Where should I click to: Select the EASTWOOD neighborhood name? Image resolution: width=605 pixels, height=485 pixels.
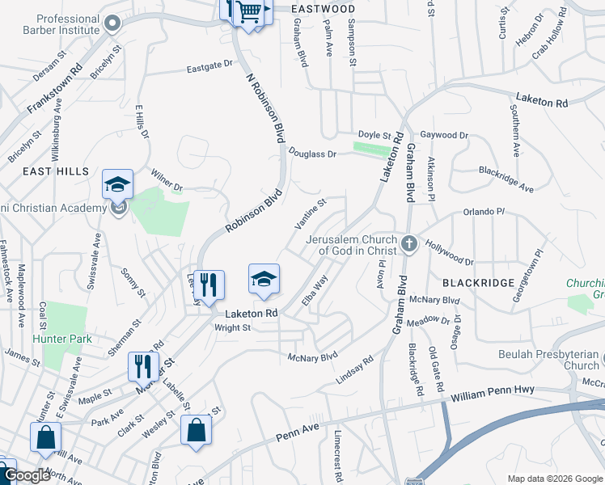[324, 8]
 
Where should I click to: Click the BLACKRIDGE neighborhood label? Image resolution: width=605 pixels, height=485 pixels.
[479, 282]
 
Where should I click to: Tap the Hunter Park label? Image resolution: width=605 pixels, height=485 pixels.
[62, 339]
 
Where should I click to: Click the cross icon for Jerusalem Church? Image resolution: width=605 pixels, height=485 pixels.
[409, 243]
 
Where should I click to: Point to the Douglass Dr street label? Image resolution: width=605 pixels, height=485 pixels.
[312, 153]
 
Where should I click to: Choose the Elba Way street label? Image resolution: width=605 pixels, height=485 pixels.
[315, 290]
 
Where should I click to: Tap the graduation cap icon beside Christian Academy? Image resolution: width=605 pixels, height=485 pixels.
[117, 184]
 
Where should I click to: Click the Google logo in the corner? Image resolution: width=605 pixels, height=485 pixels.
[27, 475]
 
